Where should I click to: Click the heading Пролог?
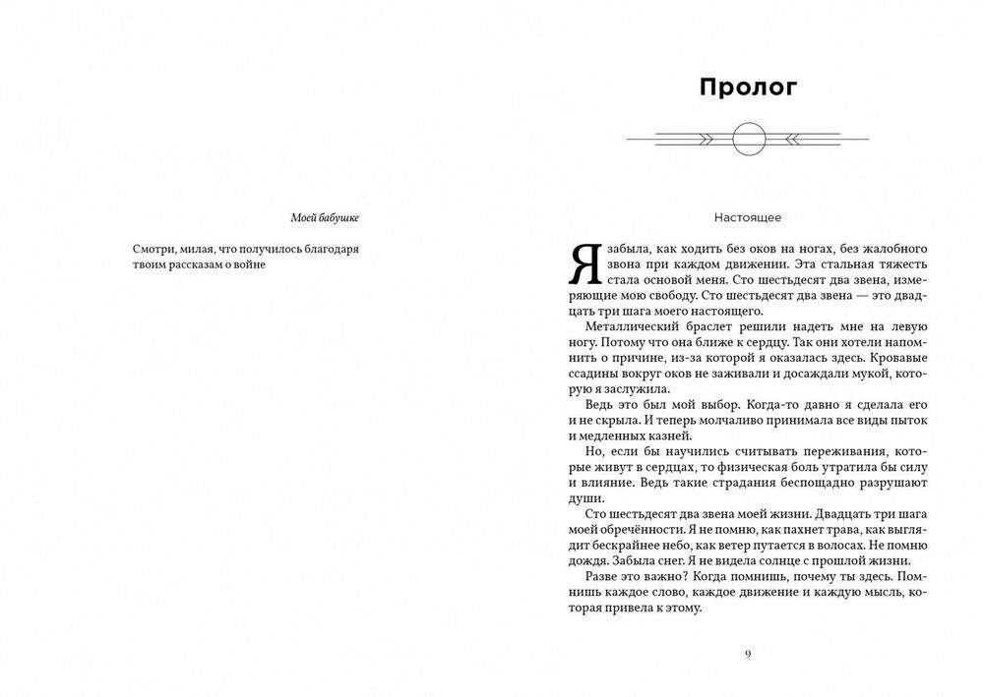(747, 87)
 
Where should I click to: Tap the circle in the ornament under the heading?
(747, 139)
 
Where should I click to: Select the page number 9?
(748, 655)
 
